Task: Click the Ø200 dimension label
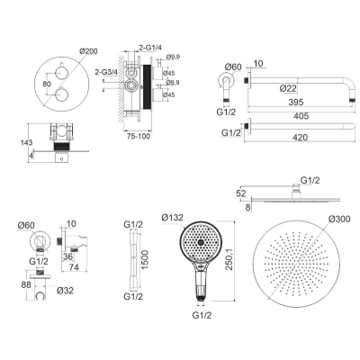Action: point(88,51)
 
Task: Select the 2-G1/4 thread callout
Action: point(150,48)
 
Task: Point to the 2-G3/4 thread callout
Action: point(106,72)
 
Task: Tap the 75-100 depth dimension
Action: point(138,137)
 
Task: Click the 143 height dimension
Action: point(27,143)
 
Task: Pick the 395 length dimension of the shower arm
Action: point(296,102)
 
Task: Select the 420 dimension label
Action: point(301,138)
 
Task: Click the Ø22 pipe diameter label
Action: point(288,88)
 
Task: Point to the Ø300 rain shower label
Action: point(339,219)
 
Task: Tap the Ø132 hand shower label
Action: point(172,218)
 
